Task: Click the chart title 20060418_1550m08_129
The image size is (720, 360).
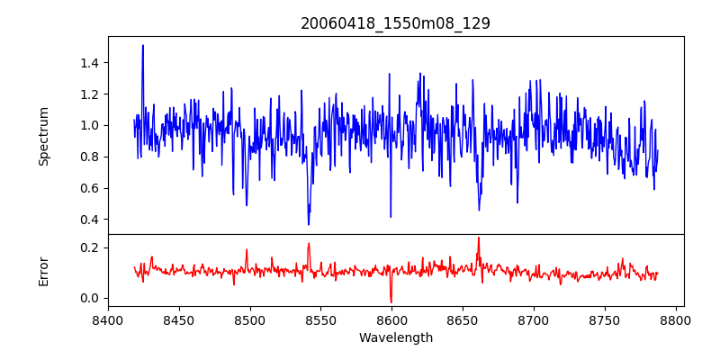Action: tap(395, 23)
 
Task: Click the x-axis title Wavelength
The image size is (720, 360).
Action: tap(395, 337)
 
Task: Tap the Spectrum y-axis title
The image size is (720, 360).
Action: tap(43, 136)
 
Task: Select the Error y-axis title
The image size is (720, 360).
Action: tap(43, 271)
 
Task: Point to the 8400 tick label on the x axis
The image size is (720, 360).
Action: tap(108, 319)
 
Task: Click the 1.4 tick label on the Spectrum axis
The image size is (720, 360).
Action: tap(88, 63)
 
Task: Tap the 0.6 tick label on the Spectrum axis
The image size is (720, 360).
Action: tap(88, 188)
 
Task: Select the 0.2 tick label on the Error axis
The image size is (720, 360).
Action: tap(88, 247)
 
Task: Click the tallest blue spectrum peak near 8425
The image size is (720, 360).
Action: tap(142, 46)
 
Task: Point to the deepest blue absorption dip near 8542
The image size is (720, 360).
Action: tap(309, 224)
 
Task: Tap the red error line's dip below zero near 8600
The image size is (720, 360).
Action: tap(391, 301)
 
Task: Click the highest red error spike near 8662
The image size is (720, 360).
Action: tap(479, 238)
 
